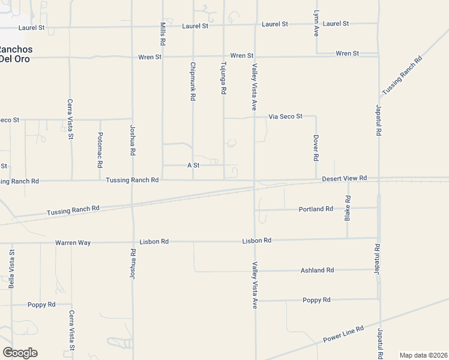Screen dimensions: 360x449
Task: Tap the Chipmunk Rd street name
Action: [193, 80]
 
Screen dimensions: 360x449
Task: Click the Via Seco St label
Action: [285, 116]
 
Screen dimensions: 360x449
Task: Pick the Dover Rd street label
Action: [316, 148]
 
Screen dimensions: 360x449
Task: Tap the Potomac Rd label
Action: [100, 150]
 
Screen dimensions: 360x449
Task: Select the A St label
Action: [193, 165]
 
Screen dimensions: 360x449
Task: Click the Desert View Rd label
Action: [344, 179]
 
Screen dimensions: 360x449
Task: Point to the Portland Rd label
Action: [316, 209]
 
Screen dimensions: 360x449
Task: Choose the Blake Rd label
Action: [347, 208]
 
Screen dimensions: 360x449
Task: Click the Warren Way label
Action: [73, 242]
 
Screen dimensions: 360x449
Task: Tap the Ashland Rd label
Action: [317, 271]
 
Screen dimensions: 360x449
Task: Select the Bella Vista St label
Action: [11, 269]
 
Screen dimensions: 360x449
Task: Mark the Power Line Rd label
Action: [343, 334]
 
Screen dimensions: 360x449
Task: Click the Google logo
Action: [20, 353]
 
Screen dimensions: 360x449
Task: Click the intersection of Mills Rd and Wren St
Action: [163, 57]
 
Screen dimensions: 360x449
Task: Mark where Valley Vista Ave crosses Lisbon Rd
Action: [255, 241]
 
